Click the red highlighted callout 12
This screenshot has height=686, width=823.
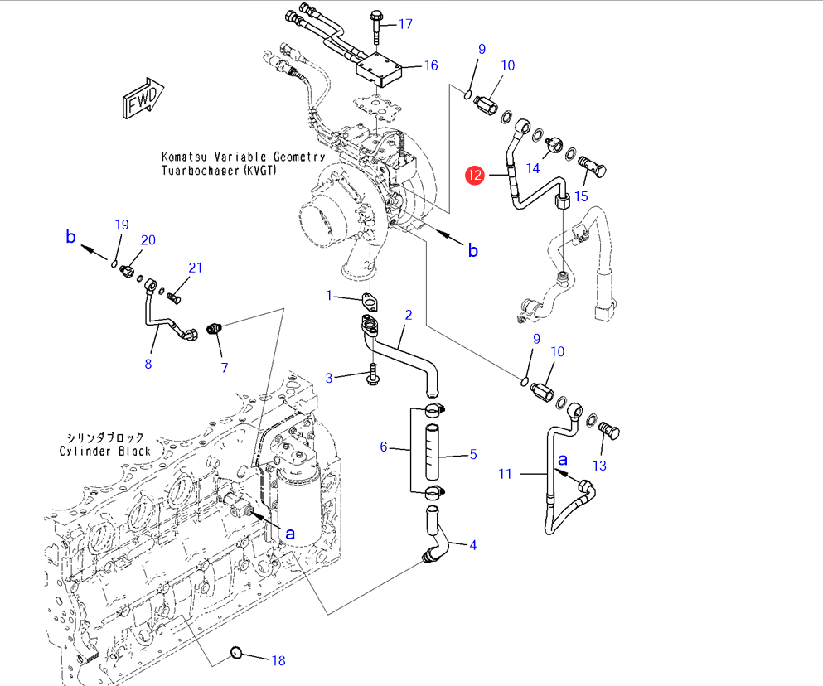point(475,175)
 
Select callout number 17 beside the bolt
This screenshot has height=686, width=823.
point(405,24)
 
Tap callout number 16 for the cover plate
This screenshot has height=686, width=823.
point(430,65)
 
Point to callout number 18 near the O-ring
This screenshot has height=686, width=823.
point(278,660)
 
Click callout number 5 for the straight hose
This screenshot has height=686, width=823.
point(473,453)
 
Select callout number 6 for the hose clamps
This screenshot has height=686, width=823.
point(384,447)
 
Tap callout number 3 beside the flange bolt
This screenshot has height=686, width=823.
point(329,378)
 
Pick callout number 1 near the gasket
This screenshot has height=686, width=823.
point(329,296)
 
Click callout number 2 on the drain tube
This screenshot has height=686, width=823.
point(409,315)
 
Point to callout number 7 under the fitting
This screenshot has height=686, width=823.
point(224,367)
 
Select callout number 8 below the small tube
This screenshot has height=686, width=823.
point(148,362)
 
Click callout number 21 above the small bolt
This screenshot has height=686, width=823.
point(196,268)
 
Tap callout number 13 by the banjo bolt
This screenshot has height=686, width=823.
point(599,466)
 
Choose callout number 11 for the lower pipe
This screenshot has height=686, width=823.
point(506,474)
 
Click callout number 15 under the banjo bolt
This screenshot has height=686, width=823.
point(581,196)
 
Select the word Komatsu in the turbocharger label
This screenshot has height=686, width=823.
point(185,157)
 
